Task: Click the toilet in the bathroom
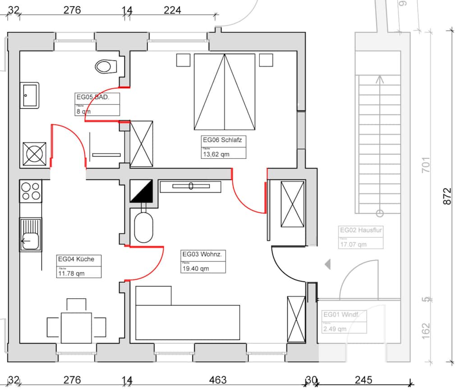click(106, 67)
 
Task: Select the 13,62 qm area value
click(216, 154)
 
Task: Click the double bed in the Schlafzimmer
click(225, 91)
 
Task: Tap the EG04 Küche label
click(76, 259)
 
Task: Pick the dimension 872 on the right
click(447, 196)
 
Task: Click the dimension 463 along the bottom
click(218, 380)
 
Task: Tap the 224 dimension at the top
click(172, 9)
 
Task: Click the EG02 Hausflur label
click(361, 230)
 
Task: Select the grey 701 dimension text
click(425, 165)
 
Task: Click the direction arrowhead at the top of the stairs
click(379, 79)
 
